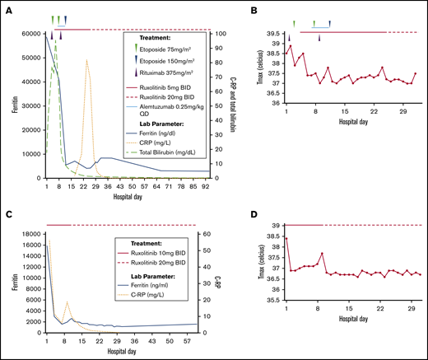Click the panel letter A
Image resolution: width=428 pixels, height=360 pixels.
(x=7, y=10)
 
